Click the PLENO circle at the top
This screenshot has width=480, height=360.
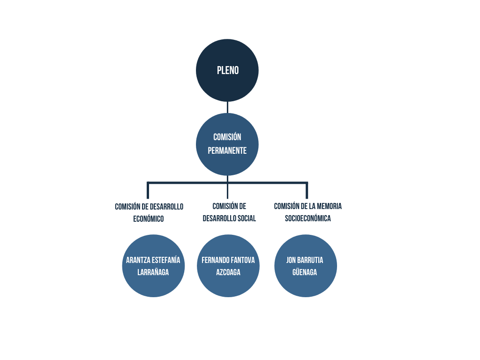tap(227, 70)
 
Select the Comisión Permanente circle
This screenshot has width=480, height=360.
tap(227, 144)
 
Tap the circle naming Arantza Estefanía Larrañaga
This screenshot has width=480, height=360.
tap(153, 266)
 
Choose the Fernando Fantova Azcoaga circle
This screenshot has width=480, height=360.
tap(228, 266)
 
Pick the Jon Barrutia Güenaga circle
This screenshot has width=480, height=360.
tap(306, 266)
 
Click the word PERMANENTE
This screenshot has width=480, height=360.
tap(227, 150)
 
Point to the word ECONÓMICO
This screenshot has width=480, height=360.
tap(149, 218)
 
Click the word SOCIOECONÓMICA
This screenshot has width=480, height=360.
tap(308, 218)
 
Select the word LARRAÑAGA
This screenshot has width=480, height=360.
tap(153, 272)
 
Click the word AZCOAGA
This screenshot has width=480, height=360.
tap(228, 272)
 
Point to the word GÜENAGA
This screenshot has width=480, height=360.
tap(305, 272)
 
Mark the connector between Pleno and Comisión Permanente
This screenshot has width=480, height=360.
tap(227, 107)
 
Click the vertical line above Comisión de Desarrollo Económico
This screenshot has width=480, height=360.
tap(148, 190)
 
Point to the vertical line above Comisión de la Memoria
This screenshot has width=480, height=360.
tap(307, 190)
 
